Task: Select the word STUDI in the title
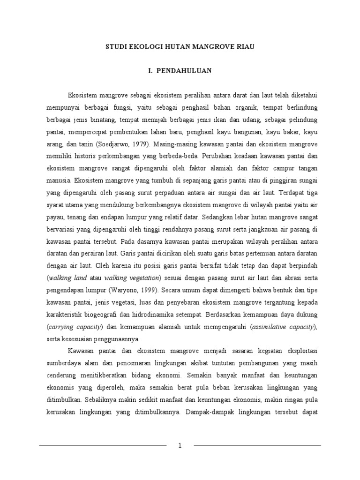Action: [115, 47]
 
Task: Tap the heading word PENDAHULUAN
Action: [185, 71]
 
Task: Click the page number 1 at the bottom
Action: [180, 445]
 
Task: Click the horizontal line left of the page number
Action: [103, 445]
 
